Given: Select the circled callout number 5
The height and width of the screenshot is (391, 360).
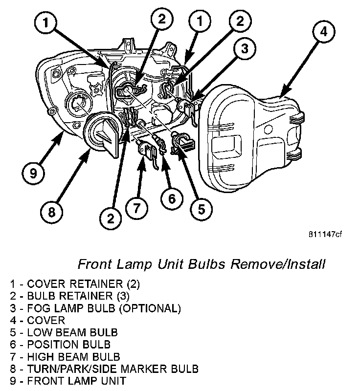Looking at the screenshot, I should [x=201, y=209].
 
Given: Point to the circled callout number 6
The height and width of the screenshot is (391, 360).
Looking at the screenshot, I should [x=171, y=198].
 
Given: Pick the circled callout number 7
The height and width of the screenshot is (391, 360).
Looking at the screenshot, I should [x=136, y=208].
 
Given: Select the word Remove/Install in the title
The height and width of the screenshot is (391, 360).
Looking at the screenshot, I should [x=278, y=264].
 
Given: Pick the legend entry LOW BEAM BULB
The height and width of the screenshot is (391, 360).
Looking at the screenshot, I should [x=64, y=333].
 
